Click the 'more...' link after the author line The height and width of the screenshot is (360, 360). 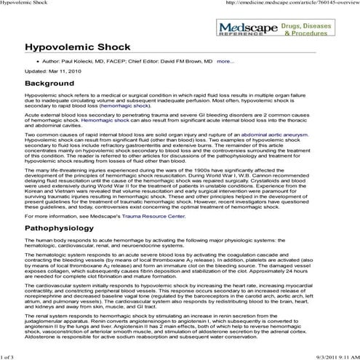(225, 62)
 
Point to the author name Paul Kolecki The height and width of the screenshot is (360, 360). (79, 62)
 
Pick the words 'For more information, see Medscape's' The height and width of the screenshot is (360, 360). (72, 216)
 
